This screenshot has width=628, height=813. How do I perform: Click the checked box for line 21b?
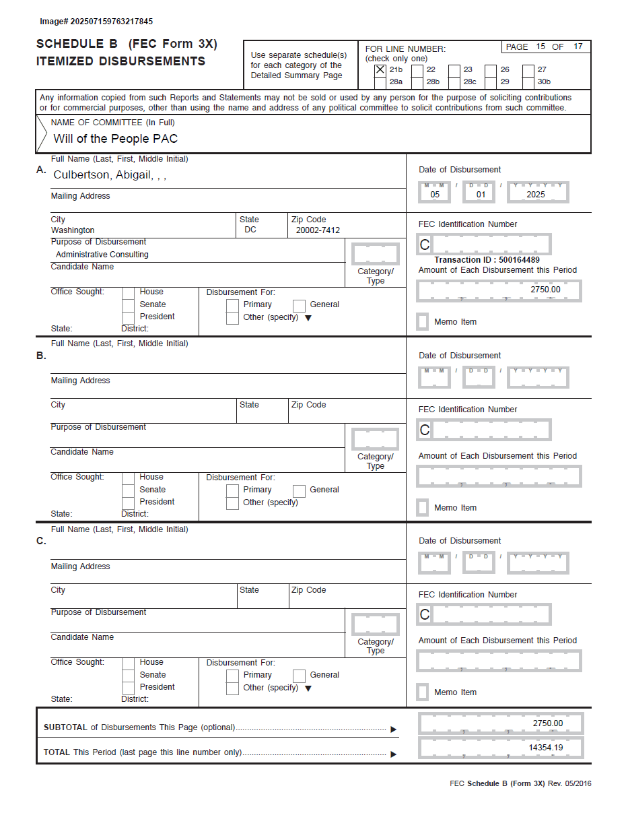pos(380,70)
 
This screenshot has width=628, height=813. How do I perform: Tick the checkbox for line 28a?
pos(380,82)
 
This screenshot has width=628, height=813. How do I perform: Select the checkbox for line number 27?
pos(528,70)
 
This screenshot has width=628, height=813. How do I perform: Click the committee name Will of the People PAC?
pos(116,139)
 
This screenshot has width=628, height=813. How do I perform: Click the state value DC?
pos(250,230)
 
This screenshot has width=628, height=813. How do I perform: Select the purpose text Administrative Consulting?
pos(102,255)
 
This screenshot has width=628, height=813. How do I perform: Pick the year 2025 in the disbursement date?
pos(536,195)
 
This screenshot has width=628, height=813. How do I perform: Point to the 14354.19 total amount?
pos(546,748)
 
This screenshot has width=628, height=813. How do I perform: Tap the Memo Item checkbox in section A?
pos(423,322)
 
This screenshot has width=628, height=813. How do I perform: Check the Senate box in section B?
pos(128,490)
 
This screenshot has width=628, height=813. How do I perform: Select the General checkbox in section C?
pos(299,676)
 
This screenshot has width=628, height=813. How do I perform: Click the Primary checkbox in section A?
pos(232,305)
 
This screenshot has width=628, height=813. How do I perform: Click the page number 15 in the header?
pos(541,47)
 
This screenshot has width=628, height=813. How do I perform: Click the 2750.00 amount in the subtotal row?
pos(548,723)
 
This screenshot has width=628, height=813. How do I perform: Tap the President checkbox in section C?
pos(128,688)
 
